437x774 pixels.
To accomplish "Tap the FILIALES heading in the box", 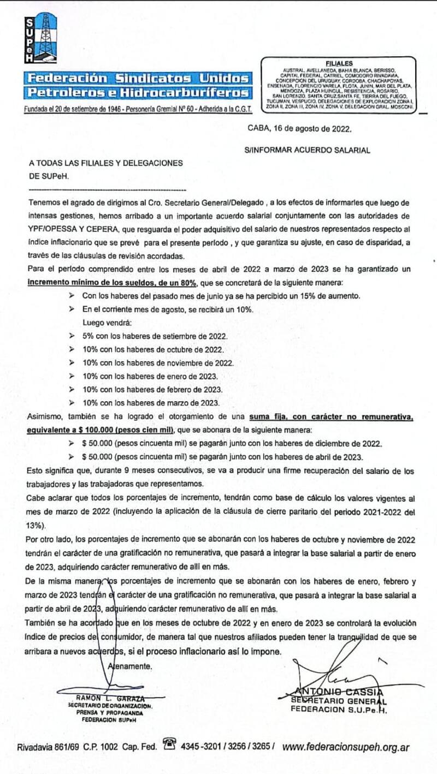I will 339,63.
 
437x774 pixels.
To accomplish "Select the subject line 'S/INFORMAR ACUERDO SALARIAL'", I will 307,150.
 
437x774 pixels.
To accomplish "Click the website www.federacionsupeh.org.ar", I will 346,747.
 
